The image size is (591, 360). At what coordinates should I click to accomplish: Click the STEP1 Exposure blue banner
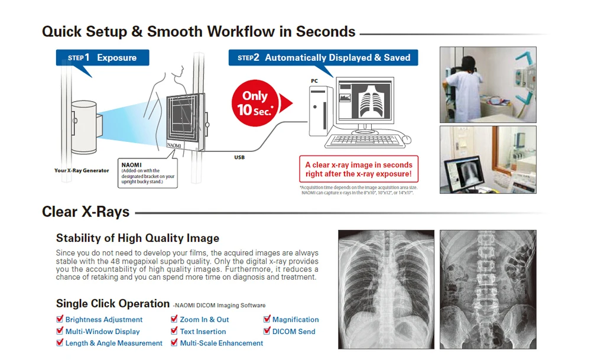click(x=102, y=57)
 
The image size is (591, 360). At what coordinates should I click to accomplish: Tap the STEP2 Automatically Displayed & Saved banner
click(x=323, y=57)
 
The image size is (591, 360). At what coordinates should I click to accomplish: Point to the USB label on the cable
click(x=239, y=157)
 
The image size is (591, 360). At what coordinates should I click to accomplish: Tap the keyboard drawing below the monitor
click(x=363, y=141)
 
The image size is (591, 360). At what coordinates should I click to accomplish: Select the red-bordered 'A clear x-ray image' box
click(x=359, y=170)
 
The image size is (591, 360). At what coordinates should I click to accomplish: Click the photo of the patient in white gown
click(x=488, y=85)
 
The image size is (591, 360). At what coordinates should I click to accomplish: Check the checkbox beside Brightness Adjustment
click(x=60, y=319)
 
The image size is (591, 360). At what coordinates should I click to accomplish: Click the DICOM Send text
click(x=294, y=332)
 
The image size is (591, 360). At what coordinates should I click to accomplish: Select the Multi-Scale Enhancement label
click(x=222, y=343)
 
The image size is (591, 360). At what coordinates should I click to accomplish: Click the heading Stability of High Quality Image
click(x=138, y=238)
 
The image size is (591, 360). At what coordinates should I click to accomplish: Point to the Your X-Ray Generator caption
click(x=82, y=170)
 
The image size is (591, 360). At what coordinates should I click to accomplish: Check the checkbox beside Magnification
click(x=267, y=319)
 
